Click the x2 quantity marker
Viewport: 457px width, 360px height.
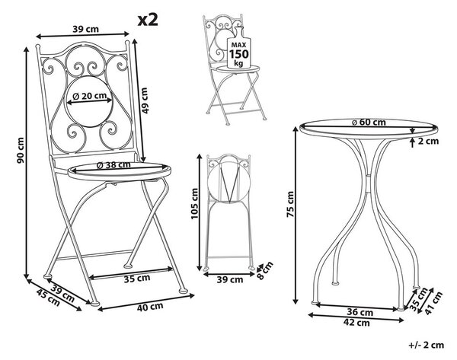point(148,20)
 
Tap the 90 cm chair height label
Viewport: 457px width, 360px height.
point(21,150)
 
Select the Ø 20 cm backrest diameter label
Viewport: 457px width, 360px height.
point(89,96)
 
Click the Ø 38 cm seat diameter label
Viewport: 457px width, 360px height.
point(113,165)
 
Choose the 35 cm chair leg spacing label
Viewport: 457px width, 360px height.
point(137,279)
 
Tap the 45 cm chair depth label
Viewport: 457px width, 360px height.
point(48,297)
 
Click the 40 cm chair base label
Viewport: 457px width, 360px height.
point(150,307)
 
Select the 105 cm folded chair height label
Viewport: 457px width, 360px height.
point(194,203)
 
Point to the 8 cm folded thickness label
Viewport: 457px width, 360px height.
point(264,270)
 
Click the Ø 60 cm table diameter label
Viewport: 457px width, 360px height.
point(369,123)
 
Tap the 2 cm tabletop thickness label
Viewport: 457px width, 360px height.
point(428,142)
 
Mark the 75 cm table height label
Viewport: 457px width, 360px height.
point(290,204)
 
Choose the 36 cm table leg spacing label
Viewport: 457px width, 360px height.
point(360,312)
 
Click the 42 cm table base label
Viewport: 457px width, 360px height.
point(356,323)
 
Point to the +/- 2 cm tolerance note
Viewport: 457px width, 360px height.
point(427,345)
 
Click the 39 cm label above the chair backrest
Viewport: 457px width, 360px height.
point(85,29)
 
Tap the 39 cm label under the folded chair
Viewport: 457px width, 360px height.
point(230,280)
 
